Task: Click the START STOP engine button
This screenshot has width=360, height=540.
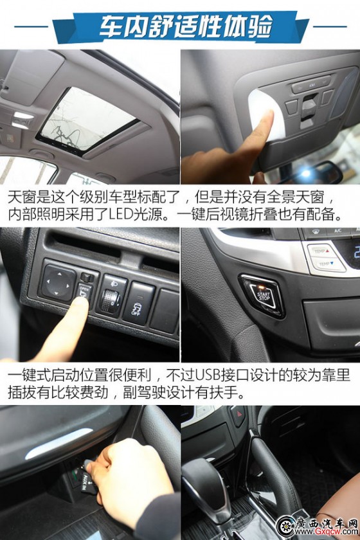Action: coord(263,296)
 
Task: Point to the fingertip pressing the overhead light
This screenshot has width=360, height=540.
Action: coord(264,121)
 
